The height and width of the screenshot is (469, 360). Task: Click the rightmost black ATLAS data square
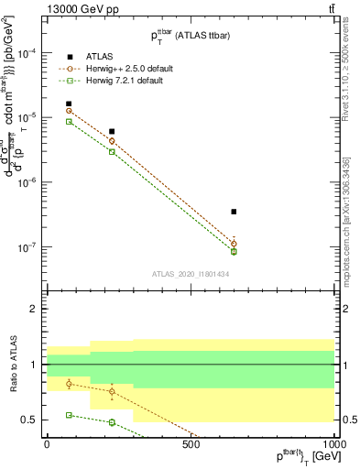234,212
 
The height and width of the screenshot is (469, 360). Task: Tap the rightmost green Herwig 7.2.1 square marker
234,252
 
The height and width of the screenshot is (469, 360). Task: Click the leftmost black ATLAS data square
69,104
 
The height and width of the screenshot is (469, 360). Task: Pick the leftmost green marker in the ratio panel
69,415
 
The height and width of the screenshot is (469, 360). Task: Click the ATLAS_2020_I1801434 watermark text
190,274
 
